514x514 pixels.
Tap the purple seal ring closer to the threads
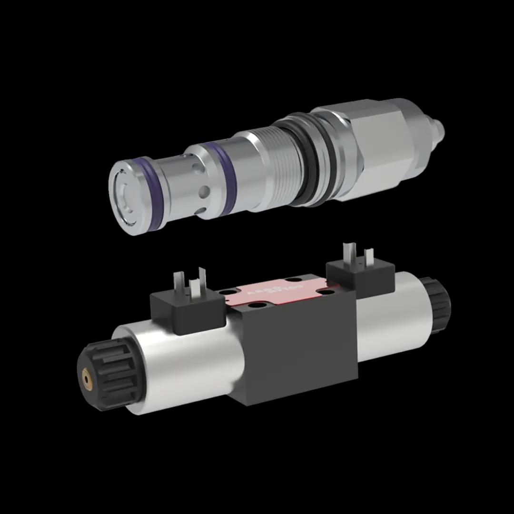point(227,178)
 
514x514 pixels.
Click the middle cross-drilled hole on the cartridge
point(204,191)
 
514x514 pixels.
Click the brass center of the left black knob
point(87,379)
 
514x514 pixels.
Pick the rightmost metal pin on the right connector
point(368,257)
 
